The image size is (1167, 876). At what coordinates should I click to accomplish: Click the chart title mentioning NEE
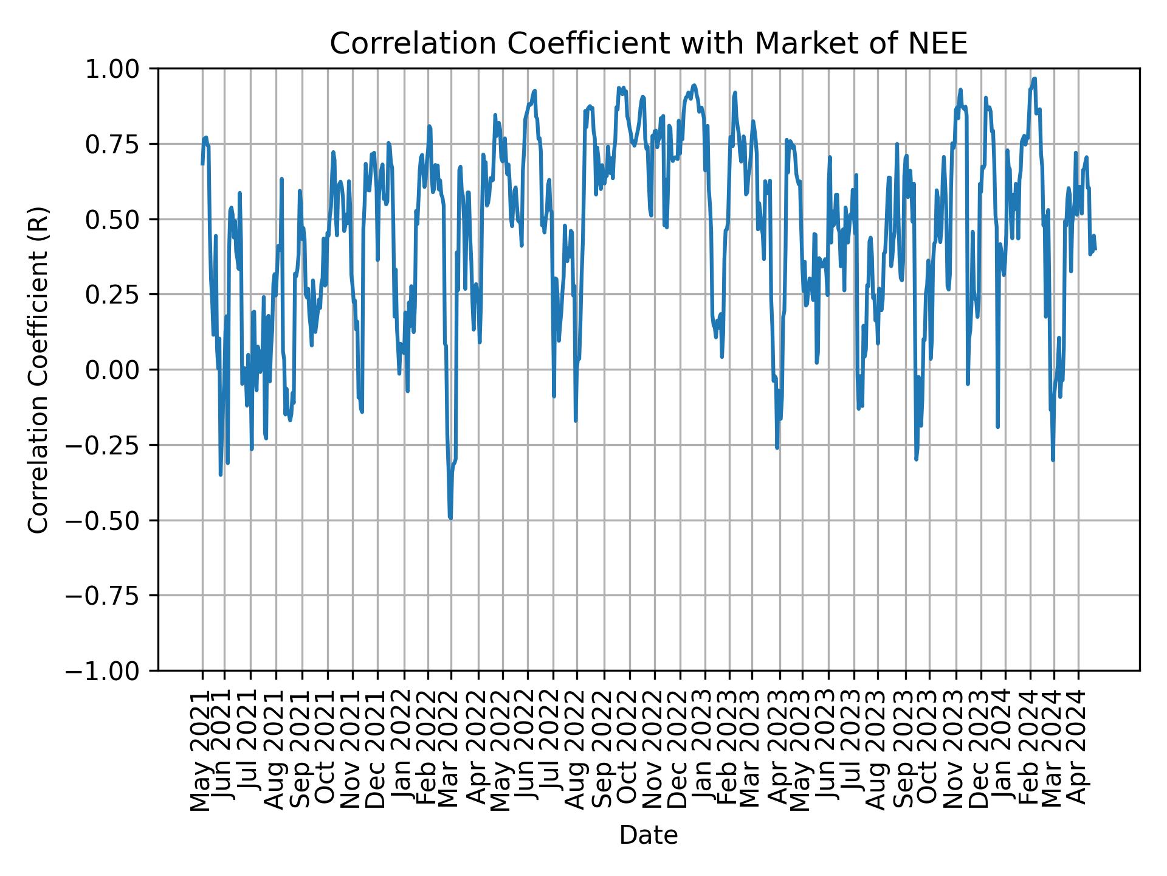click(x=648, y=44)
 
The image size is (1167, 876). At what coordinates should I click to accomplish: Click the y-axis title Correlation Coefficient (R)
click(x=38, y=369)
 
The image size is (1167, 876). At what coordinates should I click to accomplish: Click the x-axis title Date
click(x=648, y=835)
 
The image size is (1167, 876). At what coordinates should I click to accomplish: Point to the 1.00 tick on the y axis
click(x=121, y=69)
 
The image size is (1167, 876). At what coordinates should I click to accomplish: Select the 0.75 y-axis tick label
click(x=121, y=144)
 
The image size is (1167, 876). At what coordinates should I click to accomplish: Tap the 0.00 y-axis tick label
click(x=121, y=370)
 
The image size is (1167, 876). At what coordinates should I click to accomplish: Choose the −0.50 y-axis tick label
click(x=113, y=520)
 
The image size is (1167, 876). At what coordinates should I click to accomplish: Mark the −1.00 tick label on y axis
click(x=113, y=671)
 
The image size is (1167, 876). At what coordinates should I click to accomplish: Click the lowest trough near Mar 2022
click(x=450, y=518)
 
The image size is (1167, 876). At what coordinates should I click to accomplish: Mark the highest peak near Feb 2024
click(x=1034, y=78)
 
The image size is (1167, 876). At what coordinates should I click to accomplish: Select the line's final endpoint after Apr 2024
click(x=1095, y=249)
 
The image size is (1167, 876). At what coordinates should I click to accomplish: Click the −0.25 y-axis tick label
click(x=113, y=445)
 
